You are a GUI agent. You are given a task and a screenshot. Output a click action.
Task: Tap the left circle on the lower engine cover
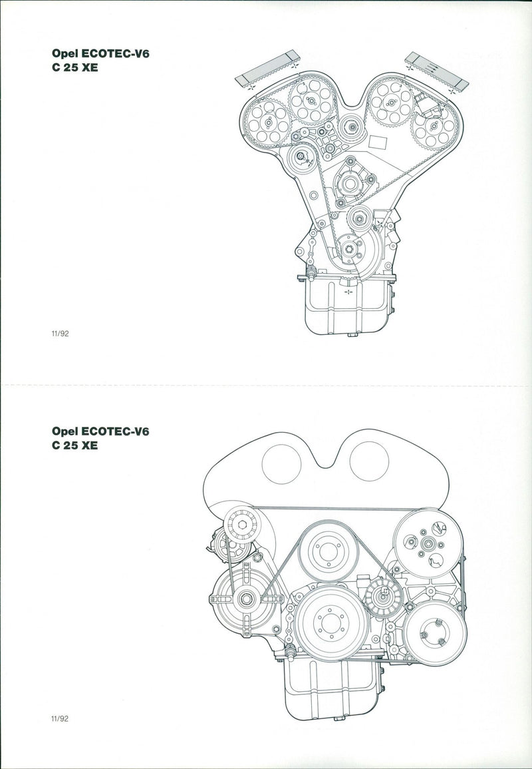[282, 463]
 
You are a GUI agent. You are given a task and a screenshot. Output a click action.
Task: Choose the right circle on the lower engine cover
[369, 463]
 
